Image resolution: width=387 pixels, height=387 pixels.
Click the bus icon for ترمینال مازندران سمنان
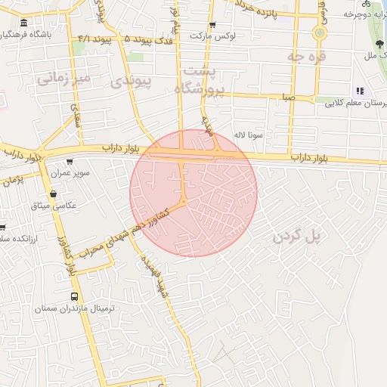[73, 296]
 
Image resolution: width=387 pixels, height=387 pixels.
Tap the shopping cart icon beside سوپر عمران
[71, 161]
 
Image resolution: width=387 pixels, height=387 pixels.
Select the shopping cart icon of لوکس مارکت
[212, 25]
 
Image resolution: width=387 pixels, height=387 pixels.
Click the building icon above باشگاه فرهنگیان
[25, 23]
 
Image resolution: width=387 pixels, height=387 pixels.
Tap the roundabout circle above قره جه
[320, 33]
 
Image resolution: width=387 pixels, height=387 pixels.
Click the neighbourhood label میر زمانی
[64, 77]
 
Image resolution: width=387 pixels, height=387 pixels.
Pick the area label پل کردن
[297, 236]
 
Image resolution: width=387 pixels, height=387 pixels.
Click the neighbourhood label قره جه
[305, 56]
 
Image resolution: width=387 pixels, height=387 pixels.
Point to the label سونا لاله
[247, 135]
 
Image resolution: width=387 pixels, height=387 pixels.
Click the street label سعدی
[76, 118]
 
